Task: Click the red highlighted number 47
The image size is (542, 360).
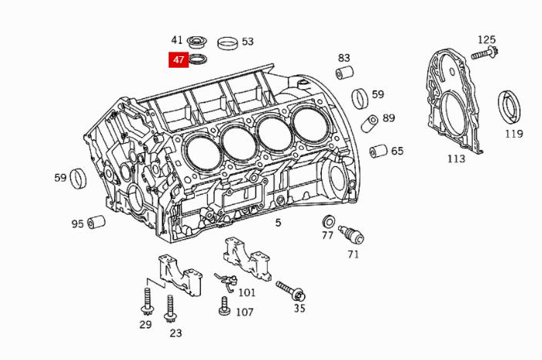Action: [x=179, y=60]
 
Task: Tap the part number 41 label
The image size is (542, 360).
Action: [x=178, y=40]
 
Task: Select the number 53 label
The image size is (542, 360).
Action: [x=247, y=42]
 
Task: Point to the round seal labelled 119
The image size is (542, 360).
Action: [x=509, y=107]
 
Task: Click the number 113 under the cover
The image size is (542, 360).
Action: [x=456, y=158]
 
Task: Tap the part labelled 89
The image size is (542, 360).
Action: [x=370, y=122]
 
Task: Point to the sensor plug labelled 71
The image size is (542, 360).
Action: [x=351, y=235]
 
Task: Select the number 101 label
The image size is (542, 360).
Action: [x=246, y=292]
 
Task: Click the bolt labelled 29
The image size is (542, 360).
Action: [x=146, y=302]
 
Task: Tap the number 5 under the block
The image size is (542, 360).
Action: [x=279, y=223]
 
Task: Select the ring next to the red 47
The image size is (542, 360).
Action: [x=198, y=60]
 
